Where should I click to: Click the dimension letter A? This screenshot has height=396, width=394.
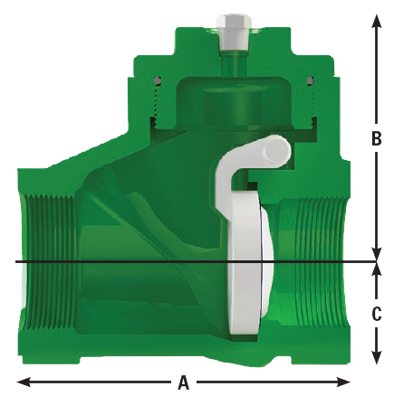[x=184, y=383]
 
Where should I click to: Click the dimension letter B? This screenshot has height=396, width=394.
[x=377, y=139]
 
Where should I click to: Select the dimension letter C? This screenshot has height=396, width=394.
[x=377, y=315]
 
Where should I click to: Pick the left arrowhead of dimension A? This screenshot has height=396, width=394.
[x=22, y=382]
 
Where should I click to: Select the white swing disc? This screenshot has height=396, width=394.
[x=245, y=262]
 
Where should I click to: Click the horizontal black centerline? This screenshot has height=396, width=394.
[x=136, y=263]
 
